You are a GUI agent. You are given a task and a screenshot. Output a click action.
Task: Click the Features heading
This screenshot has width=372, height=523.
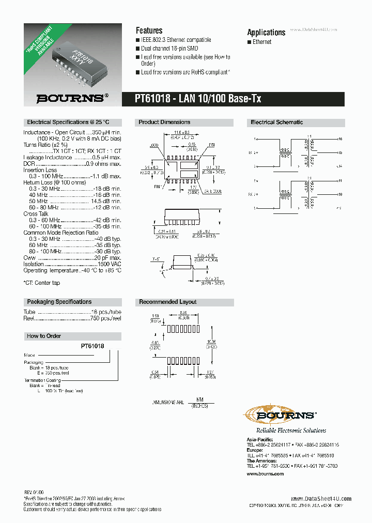tap(149, 30)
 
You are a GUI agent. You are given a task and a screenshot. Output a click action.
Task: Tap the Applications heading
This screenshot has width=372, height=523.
tap(266, 32)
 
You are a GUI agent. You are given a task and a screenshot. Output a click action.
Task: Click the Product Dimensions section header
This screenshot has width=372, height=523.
tap(164, 122)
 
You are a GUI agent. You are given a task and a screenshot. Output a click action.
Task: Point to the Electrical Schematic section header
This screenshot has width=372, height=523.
tap(276, 122)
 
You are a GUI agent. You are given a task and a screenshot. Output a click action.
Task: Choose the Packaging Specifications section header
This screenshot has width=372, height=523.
tap(59, 302)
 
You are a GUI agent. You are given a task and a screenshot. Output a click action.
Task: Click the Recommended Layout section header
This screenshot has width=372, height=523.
tap(167, 302)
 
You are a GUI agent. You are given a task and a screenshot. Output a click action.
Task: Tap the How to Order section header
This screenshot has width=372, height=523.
tap(44, 336)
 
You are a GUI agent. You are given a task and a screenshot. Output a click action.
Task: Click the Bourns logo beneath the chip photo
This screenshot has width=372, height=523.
tap(72, 97)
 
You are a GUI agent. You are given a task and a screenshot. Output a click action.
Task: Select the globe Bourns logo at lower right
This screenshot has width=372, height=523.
tap(279, 414)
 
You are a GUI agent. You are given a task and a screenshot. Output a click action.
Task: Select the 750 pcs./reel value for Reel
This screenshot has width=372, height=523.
tap(105, 319)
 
